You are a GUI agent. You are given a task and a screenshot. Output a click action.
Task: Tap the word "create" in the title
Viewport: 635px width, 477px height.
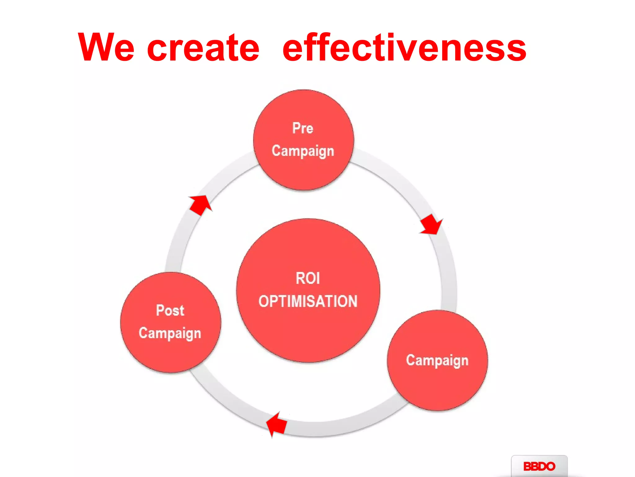tap(203, 47)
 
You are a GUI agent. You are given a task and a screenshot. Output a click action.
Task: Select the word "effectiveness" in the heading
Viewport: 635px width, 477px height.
tap(404, 47)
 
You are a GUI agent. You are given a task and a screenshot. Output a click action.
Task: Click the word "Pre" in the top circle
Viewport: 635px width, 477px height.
tap(303, 128)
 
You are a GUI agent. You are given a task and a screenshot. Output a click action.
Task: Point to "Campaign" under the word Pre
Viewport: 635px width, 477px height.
tap(303, 151)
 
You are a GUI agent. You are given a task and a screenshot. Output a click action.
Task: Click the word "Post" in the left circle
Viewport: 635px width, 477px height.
tap(170, 310)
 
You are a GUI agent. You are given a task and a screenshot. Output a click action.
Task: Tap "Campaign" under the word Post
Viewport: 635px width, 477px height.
tap(170, 333)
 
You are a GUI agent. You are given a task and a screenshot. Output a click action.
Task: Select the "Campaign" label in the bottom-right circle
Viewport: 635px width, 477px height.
tap(437, 361)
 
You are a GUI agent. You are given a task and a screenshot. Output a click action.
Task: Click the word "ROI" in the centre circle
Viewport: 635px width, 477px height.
tap(308, 278)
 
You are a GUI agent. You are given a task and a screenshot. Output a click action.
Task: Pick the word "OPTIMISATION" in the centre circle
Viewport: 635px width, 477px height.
tap(308, 301)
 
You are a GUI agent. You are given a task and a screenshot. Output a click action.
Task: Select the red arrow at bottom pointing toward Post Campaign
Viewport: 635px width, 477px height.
tap(277, 424)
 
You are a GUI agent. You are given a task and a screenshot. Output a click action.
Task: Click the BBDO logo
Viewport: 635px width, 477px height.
tap(539, 466)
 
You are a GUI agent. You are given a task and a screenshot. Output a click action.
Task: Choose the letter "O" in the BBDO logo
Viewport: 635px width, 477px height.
tap(549, 466)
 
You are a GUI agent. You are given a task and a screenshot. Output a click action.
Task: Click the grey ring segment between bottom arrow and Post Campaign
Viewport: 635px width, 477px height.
tap(223, 397)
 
